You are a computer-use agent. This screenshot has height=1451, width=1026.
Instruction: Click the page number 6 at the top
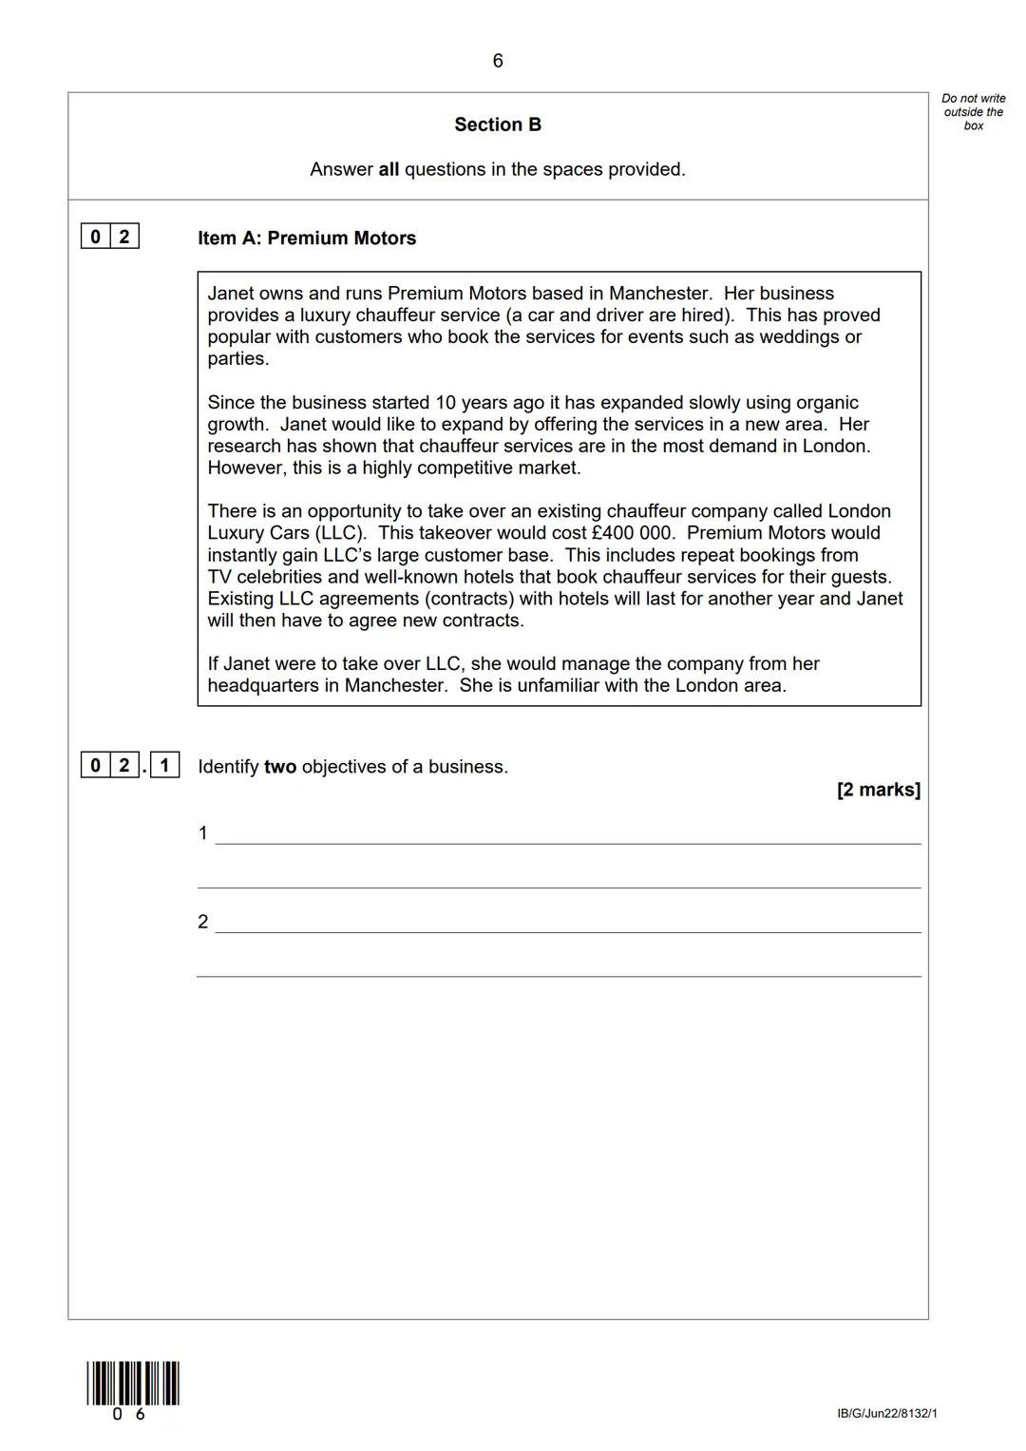pos(497,62)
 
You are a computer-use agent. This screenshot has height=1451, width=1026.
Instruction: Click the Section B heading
pos(498,124)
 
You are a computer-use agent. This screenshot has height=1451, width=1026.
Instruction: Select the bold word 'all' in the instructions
pos(389,170)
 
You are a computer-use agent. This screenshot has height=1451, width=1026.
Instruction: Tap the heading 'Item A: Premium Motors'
pos(307,239)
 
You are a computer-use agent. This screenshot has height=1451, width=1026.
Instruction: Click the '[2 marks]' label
pos(878,790)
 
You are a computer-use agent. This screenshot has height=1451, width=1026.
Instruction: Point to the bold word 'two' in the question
pos(280,767)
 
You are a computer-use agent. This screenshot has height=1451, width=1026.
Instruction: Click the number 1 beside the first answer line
pos(202,833)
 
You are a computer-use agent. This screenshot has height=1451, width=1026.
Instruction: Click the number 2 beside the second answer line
pos(202,922)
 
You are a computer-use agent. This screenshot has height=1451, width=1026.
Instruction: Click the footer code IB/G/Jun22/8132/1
pos(886,1414)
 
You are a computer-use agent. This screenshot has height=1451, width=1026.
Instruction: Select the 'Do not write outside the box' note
pos(973,112)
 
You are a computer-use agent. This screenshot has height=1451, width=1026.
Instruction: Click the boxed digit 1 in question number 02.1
pos(164,765)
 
